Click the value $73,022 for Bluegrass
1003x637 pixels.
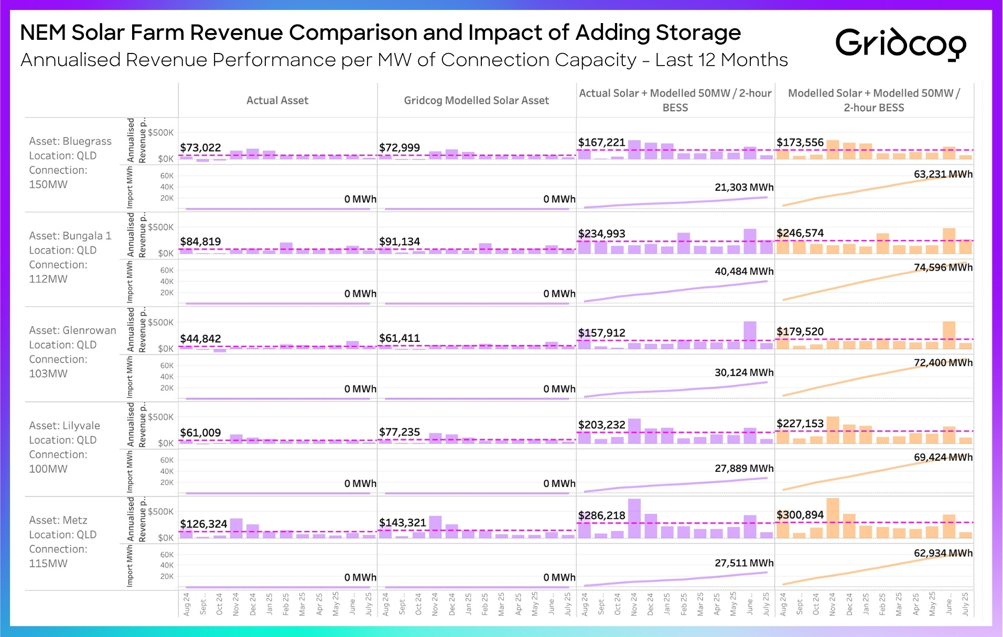click(x=200, y=148)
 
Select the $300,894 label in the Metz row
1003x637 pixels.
click(x=800, y=515)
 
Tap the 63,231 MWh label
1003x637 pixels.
click(x=943, y=174)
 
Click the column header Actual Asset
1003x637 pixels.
click(x=277, y=100)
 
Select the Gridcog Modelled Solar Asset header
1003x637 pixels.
click(x=476, y=100)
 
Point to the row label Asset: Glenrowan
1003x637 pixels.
click(x=72, y=330)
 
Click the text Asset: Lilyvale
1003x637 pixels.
click(x=64, y=425)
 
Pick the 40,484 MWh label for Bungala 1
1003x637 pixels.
click(x=743, y=271)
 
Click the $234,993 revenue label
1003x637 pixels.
click(x=601, y=233)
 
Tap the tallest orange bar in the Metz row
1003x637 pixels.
click(x=833, y=518)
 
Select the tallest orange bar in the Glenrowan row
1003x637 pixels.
click(x=948, y=335)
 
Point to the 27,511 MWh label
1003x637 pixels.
click(x=743, y=563)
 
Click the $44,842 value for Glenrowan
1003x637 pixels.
click(x=200, y=339)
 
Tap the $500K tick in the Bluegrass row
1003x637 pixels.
click(x=160, y=133)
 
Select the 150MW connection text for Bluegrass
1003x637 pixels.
click(x=48, y=185)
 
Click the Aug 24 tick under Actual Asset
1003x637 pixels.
click(x=187, y=604)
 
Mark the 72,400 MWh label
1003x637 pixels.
click(x=943, y=362)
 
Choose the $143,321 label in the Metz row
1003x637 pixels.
click(x=402, y=523)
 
